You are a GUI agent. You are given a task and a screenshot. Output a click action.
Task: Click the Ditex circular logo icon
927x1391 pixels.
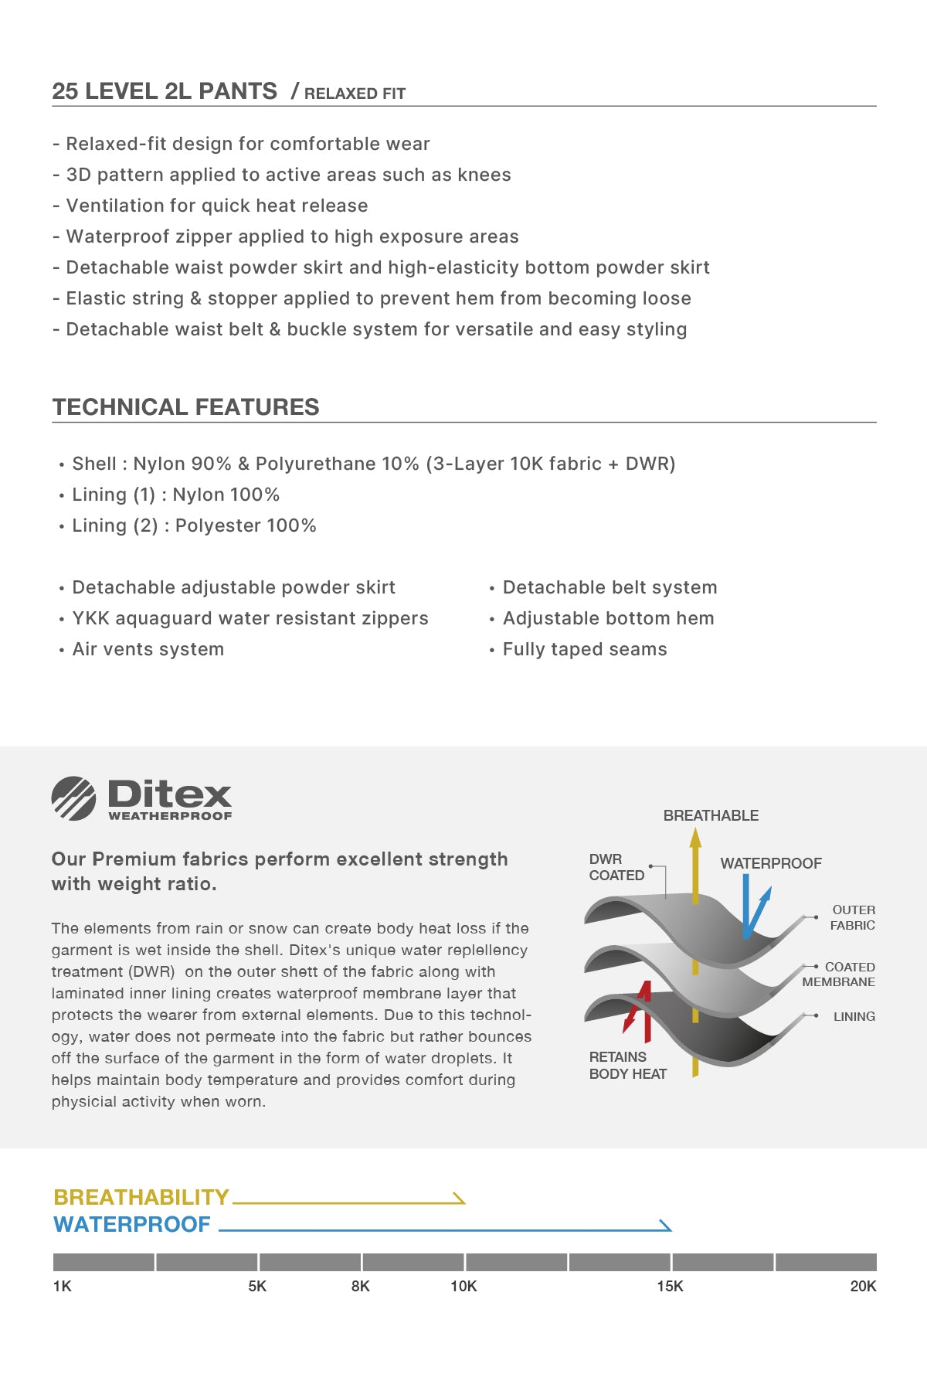73,798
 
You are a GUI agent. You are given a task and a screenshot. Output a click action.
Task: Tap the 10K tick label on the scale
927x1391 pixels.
463,1287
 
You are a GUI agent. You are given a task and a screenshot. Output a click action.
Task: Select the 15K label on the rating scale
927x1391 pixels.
670,1287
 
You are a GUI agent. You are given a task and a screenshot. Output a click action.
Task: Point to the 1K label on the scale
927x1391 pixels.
62,1287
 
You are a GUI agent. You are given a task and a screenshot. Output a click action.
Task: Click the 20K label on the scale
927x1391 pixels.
863,1287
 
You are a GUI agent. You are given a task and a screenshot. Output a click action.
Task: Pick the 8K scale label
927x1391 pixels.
360,1287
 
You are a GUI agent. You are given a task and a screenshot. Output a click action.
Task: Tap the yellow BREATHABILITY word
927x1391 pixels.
141,1197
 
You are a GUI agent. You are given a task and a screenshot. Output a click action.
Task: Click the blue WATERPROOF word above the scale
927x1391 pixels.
132,1225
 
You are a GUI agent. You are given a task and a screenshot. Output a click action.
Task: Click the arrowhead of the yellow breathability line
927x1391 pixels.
460,1199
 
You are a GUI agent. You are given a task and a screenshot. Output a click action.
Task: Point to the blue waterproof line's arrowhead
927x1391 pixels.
666,1226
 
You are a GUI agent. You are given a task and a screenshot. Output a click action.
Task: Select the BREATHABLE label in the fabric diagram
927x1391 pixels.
711,815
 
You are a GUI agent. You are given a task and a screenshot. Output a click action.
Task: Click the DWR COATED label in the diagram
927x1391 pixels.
616,867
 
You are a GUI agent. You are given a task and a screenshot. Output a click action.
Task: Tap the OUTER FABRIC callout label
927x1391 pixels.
853,917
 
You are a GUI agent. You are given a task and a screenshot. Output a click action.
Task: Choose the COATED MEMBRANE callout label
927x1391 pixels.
839,974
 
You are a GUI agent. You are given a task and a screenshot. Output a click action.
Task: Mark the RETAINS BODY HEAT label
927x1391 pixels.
627,1065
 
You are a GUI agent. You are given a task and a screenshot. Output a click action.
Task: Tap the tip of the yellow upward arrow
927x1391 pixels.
695,833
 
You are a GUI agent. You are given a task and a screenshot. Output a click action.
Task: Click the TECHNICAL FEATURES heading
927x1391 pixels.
185,407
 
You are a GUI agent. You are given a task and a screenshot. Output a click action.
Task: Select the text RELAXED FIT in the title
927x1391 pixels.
355,94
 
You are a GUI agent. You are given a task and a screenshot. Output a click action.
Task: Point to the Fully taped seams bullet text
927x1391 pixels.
584,649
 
